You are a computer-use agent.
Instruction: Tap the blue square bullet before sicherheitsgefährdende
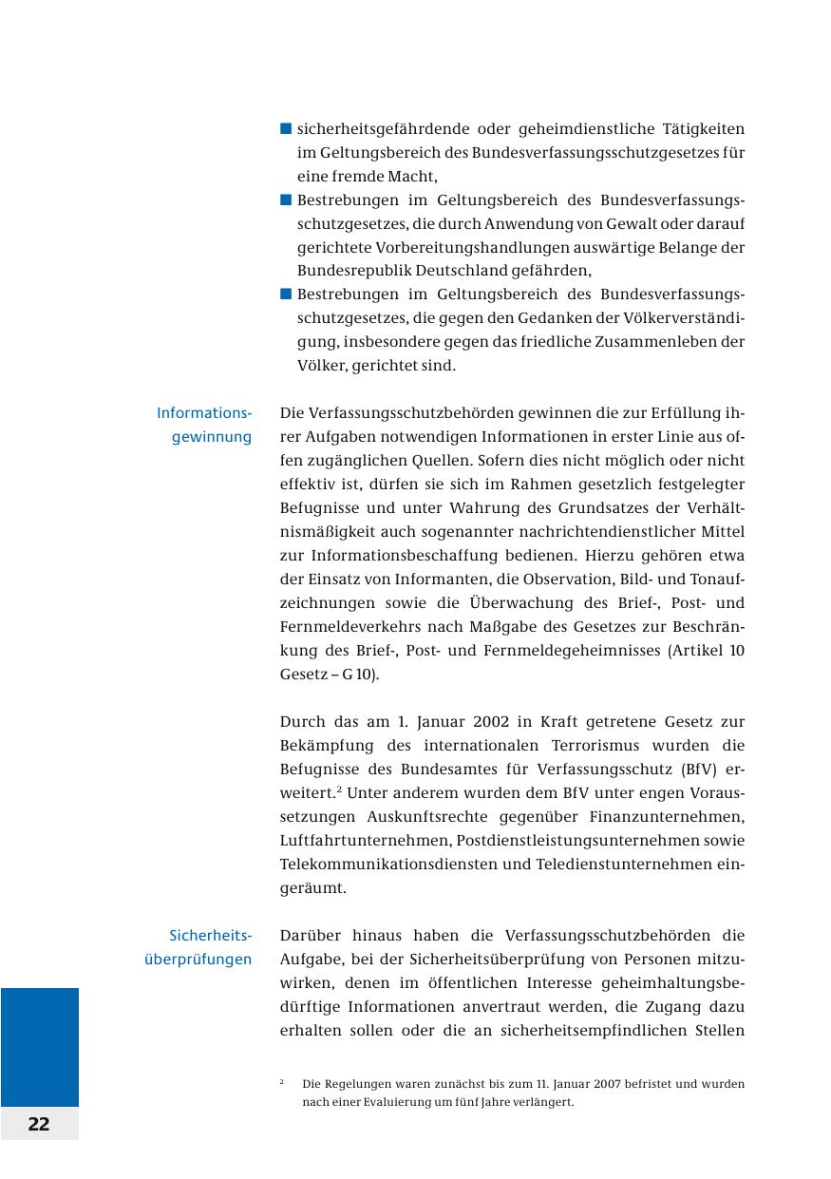tap(286, 128)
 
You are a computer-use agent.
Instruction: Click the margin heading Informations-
tap(204, 413)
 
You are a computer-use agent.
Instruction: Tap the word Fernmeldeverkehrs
tap(348, 627)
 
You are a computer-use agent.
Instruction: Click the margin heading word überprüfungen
tap(198, 960)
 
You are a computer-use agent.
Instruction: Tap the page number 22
tap(39, 1124)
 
